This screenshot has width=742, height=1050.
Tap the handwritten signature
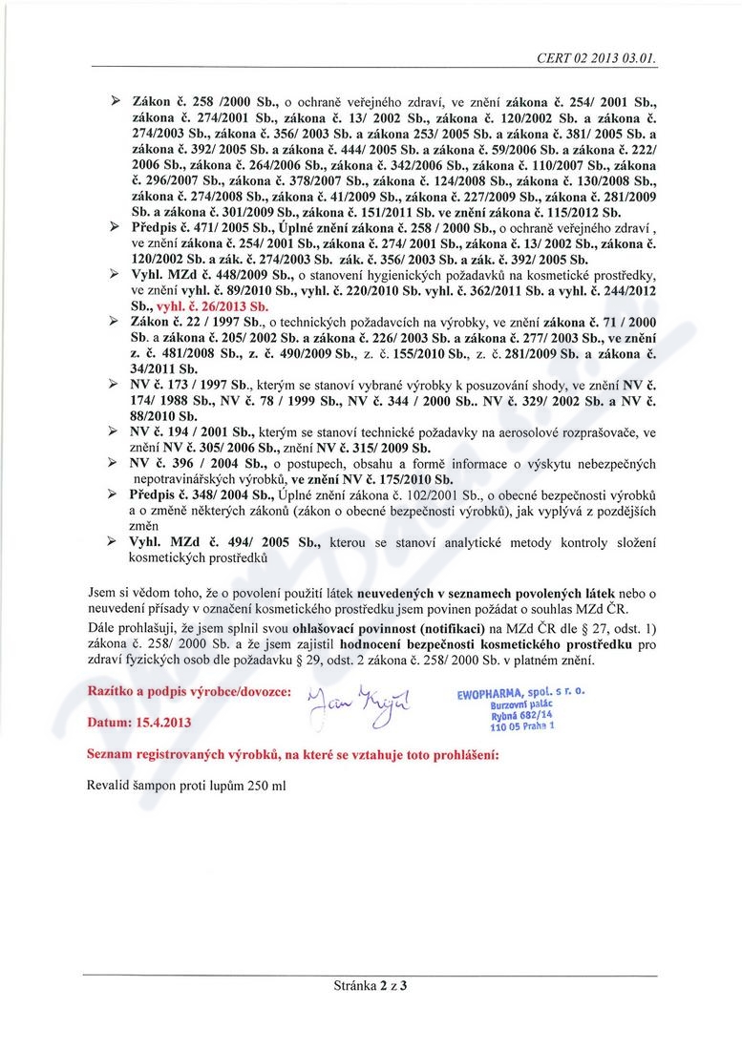(x=360, y=707)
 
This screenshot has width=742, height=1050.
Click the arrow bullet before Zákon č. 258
(x=115, y=99)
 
